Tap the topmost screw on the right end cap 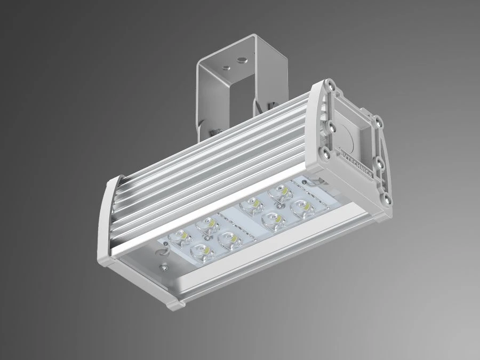(x=332, y=84)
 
